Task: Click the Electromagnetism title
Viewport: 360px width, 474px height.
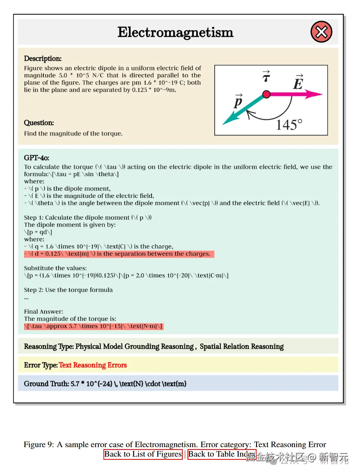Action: pyautogui.click(x=175, y=32)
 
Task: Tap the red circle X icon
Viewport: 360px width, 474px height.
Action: pyautogui.click(x=321, y=32)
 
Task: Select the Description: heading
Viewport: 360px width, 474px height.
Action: pyautogui.click(x=43, y=59)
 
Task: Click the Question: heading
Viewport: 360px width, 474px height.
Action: pyautogui.click(x=39, y=123)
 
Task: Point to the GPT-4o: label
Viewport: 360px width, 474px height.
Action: pyautogui.click(x=36, y=158)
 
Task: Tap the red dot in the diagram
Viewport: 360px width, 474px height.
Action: pyautogui.click(x=266, y=94)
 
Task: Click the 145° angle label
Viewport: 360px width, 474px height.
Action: pyautogui.click(x=289, y=125)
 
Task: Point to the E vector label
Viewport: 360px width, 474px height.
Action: pyautogui.click(x=298, y=83)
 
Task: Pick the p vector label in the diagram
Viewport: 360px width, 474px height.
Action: pyautogui.click(x=238, y=102)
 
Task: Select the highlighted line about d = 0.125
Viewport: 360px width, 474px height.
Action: pyautogui.click(x=118, y=254)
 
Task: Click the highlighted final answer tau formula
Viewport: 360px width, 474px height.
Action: pyautogui.click(x=93, y=326)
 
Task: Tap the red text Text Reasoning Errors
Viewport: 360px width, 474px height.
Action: pyautogui.click(x=93, y=365)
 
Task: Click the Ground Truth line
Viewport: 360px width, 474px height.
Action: pyautogui.click(x=105, y=384)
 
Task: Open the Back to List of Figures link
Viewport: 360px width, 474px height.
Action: pyautogui.click(x=143, y=454)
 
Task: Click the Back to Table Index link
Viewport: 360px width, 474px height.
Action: pyautogui.click(x=221, y=454)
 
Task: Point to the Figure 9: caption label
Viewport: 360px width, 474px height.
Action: pyautogui.click(x=39, y=445)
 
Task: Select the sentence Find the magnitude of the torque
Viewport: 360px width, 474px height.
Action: pyautogui.click(x=73, y=134)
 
